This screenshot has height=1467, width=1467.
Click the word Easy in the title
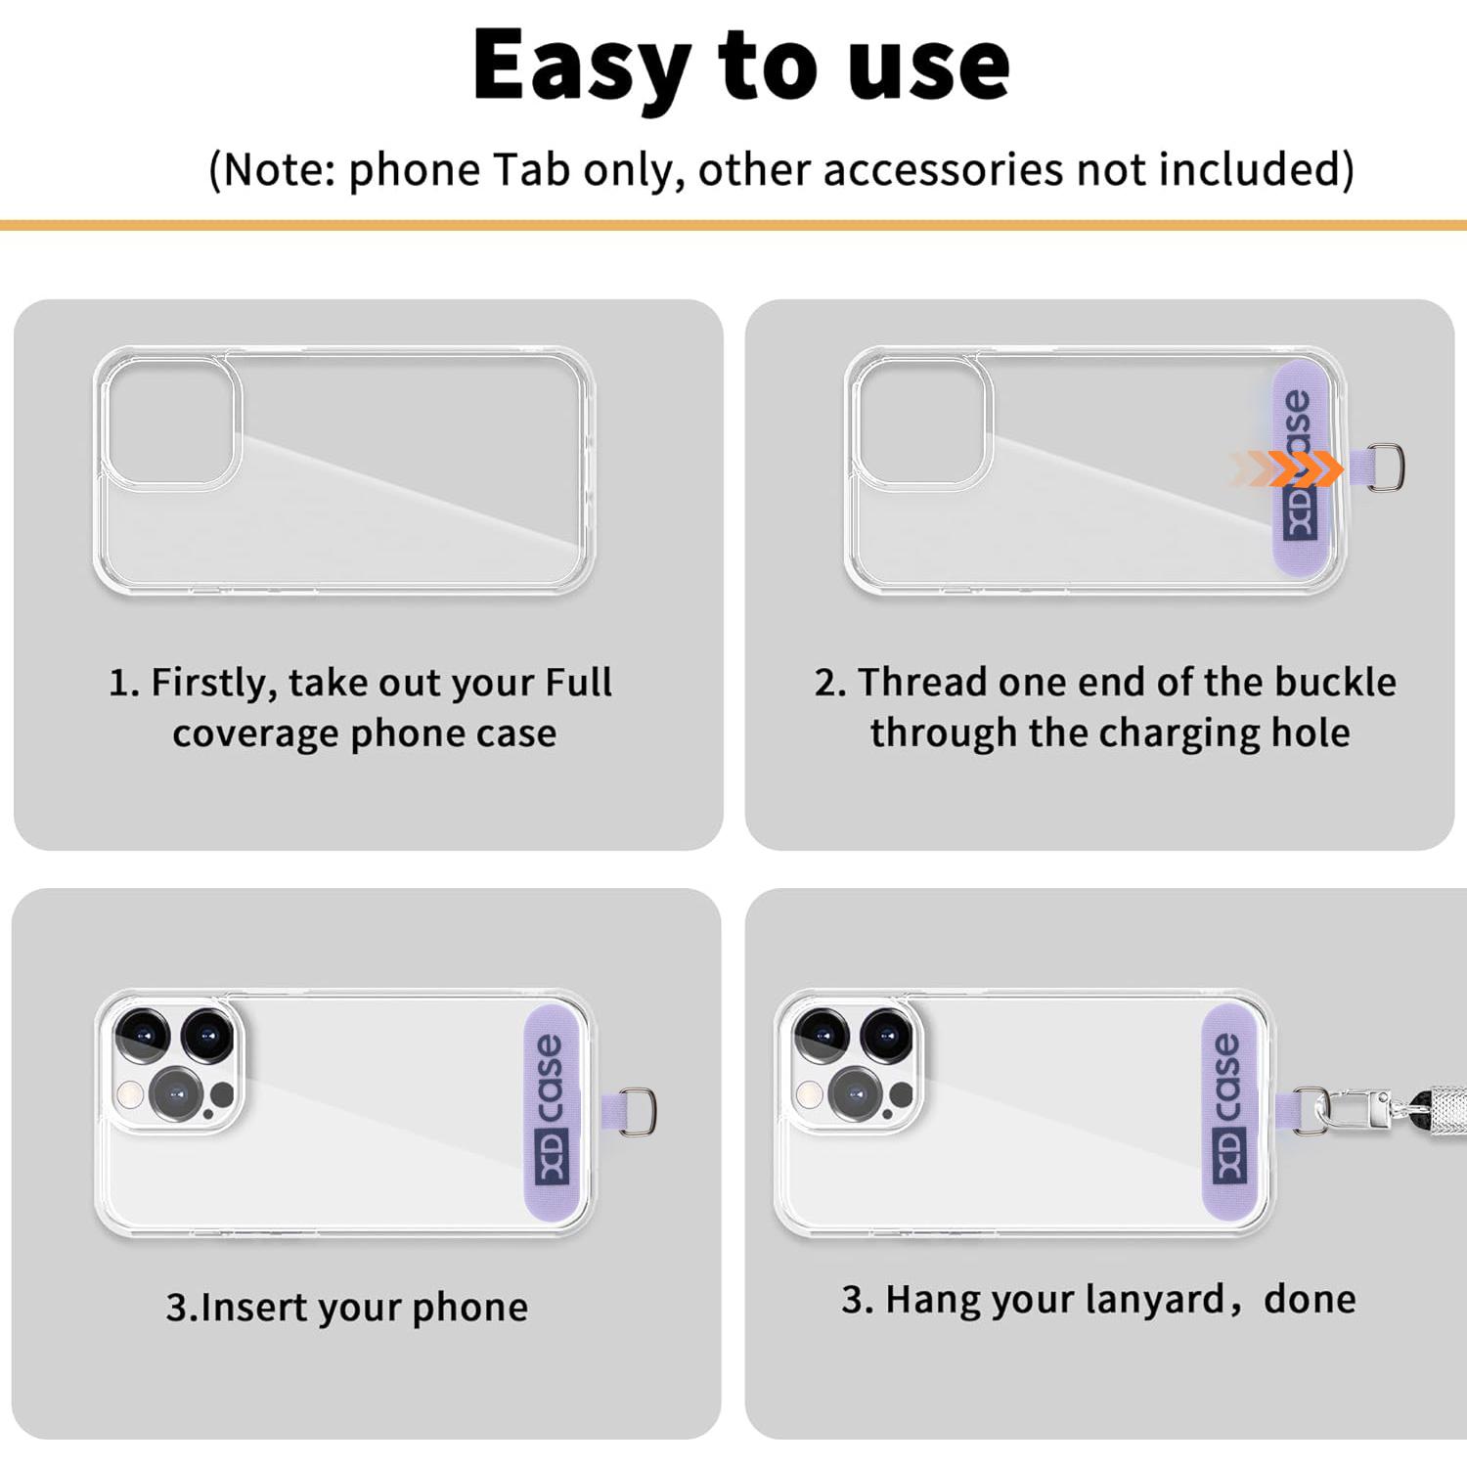pos(581,67)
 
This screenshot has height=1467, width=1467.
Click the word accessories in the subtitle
pos(943,169)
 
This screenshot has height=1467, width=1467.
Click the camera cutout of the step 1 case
pos(170,422)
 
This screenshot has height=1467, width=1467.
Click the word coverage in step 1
pos(255,733)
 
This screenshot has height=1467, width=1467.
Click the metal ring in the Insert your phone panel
pos(639,1112)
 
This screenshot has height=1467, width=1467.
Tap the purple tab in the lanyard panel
pos(1237,1113)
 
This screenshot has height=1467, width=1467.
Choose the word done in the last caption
pos(1310,1300)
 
